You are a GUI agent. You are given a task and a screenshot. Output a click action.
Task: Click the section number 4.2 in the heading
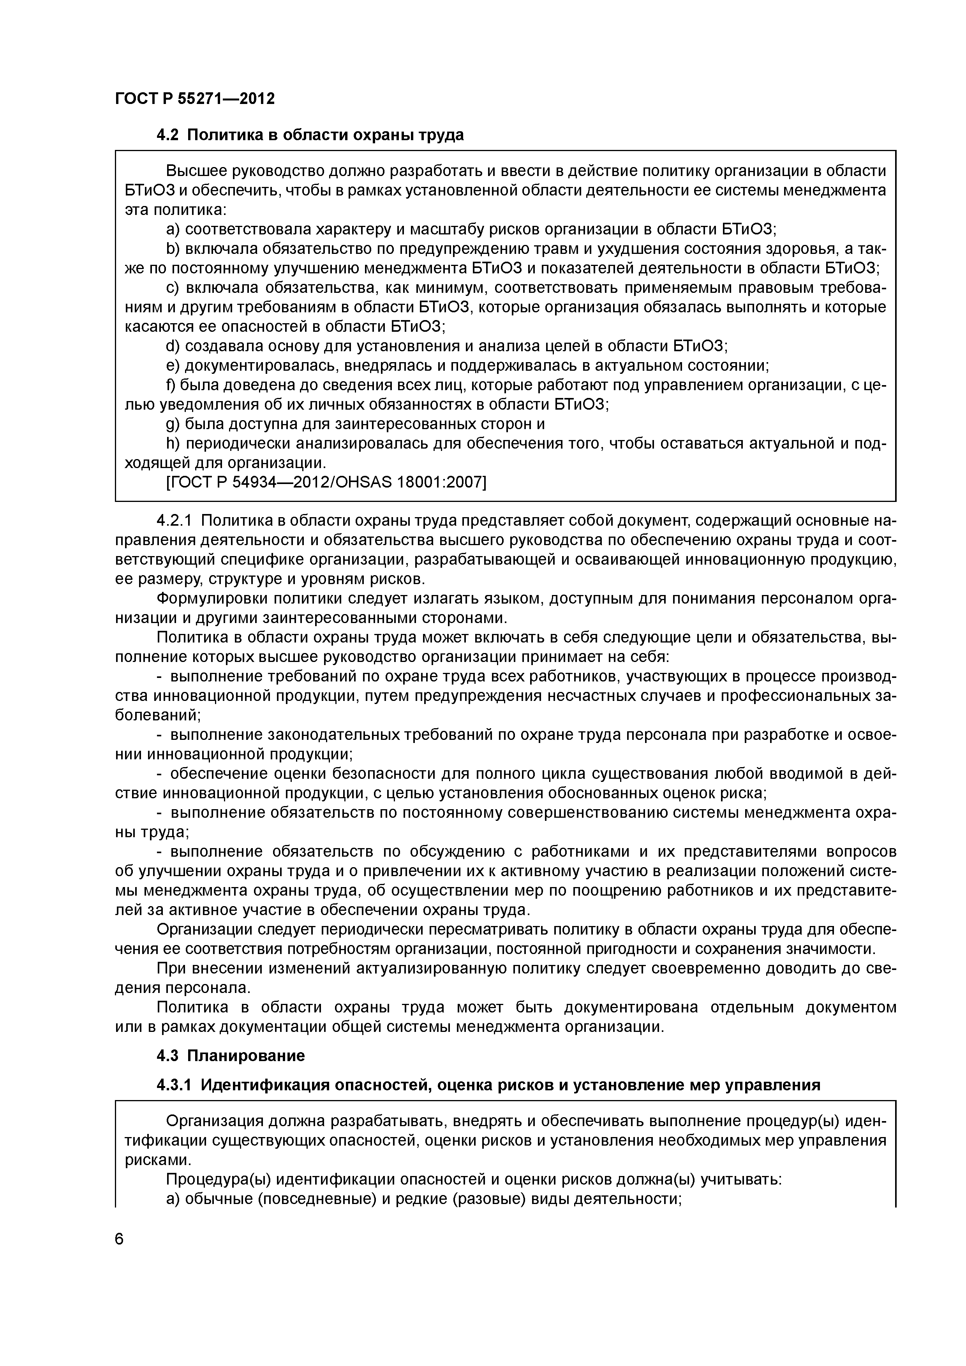pyautogui.click(x=167, y=136)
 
